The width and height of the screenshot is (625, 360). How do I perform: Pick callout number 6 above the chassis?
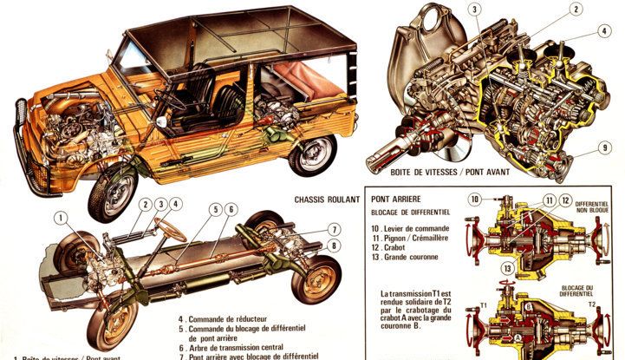[232, 209]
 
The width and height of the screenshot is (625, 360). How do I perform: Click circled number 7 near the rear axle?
[333, 229]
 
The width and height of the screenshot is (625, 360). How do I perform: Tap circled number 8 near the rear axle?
[333, 245]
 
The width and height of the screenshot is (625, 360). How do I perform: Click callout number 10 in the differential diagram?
[475, 200]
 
